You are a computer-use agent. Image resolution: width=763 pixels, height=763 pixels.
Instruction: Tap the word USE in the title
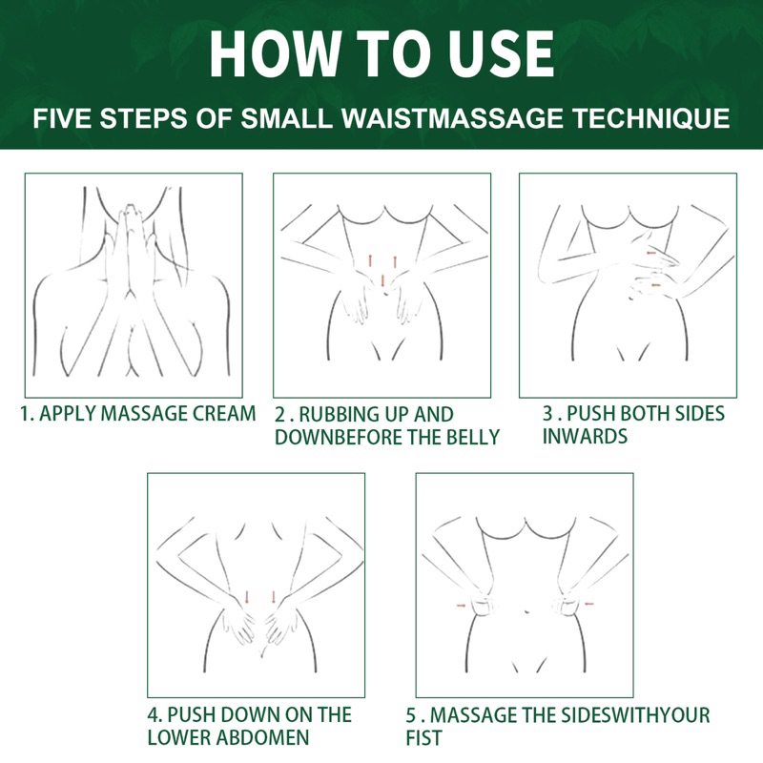click(501, 53)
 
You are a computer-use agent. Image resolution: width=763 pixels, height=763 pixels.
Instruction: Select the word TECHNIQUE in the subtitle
click(651, 118)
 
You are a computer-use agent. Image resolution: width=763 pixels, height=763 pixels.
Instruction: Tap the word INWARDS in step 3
click(585, 436)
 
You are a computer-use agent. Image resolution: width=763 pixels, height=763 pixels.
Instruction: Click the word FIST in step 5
click(423, 737)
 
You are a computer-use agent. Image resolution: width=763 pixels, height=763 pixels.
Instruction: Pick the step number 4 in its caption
click(154, 714)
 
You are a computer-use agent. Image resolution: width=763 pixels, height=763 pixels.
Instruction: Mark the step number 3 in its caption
click(548, 414)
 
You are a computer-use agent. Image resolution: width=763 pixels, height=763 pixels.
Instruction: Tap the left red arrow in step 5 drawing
click(461, 606)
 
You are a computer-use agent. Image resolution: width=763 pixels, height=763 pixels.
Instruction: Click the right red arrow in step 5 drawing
click(589, 604)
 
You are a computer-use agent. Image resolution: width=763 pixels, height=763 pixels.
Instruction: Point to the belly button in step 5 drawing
click(526, 611)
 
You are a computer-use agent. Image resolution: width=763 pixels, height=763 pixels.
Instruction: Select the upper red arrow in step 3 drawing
click(651, 253)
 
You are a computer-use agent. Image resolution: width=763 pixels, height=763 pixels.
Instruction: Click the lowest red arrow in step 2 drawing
click(383, 280)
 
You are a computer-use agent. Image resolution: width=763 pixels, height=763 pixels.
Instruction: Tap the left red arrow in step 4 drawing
click(247, 598)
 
